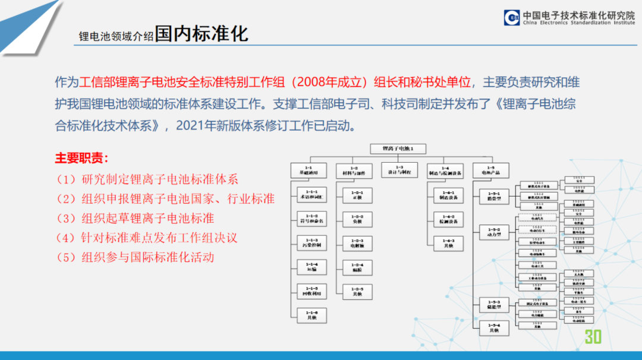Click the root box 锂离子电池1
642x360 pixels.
pyautogui.click(x=398, y=149)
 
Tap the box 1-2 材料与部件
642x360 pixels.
pyautogui.click(x=354, y=170)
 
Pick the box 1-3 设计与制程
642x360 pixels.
pyautogui.click(x=399, y=170)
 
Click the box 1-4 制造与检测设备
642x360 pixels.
pyautogui.click(x=445, y=170)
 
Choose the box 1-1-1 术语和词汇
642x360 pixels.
pyautogui.click(x=312, y=195)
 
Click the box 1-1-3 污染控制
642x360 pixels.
pyautogui.click(x=312, y=242)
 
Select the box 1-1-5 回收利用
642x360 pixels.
pyautogui.click(x=312, y=290)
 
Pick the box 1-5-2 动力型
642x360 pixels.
pyautogui.click(x=494, y=232)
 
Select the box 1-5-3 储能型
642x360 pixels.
pyautogui.click(x=494, y=305)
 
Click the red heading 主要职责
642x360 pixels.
pyautogui.click(x=82, y=159)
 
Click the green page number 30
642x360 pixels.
pyautogui.click(x=593, y=337)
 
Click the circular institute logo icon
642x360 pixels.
pyautogui.click(x=511, y=18)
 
